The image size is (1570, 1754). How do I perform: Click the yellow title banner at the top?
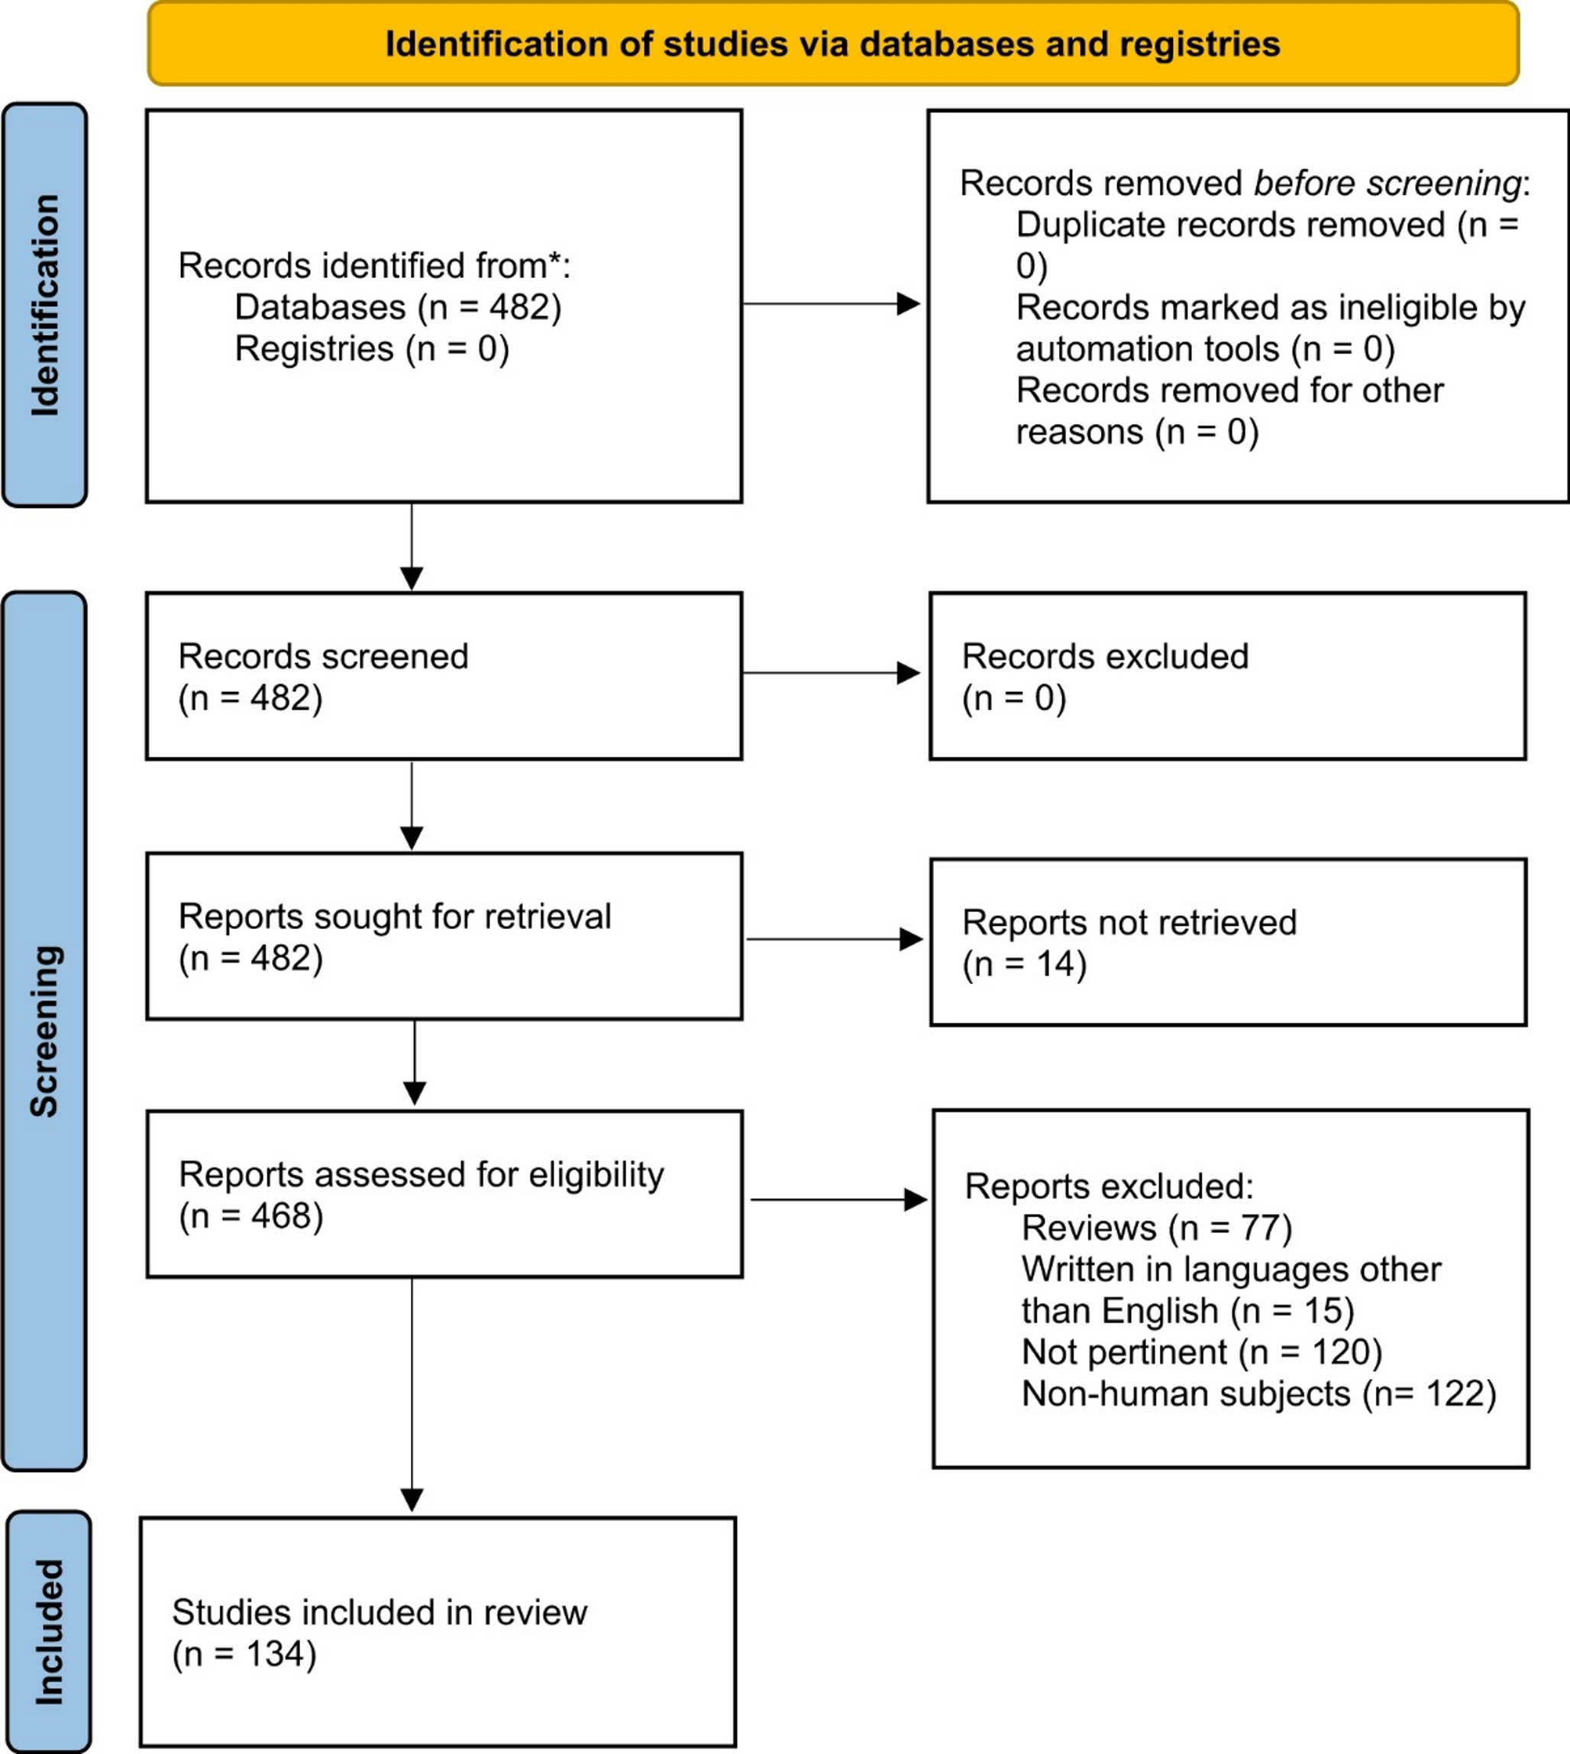coord(832,43)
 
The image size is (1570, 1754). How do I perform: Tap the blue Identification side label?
coord(45,305)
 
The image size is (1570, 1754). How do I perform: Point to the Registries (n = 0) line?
coord(372,348)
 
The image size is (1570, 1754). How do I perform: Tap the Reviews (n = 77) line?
coord(1156,1228)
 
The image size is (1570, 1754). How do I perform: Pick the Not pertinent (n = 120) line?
coord(1201,1352)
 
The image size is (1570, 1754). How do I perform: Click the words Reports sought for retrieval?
coord(394,916)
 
